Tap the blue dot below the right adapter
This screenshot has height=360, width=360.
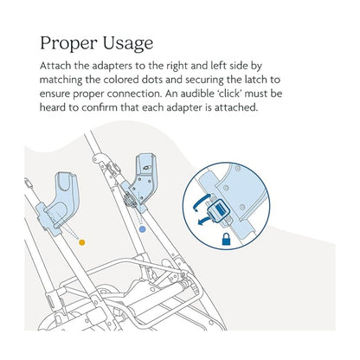[x=141, y=231]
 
